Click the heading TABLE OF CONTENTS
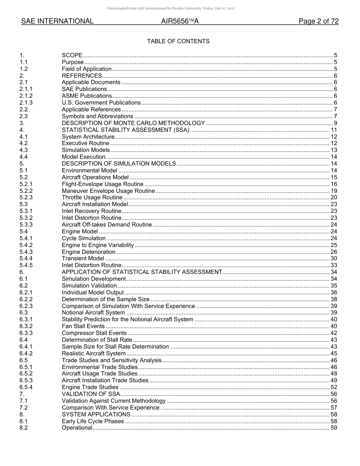[x=178, y=41]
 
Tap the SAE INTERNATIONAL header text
[x=57, y=22]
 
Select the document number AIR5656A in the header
[x=180, y=22]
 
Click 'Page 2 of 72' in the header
[x=318, y=22]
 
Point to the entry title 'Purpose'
[x=73, y=62]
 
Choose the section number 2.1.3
[x=26, y=103]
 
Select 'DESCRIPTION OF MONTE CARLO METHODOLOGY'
[x=133, y=123]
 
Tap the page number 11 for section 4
[x=334, y=130]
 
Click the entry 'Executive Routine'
[x=86, y=143]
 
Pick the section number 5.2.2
[x=26, y=191]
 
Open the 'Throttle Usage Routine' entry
[x=92, y=197]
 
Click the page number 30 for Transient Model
[x=334, y=258]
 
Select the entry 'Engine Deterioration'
[x=89, y=252]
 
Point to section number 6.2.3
[x=26, y=306]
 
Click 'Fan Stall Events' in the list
[x=83, y=326]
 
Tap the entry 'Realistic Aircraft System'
[x=94, y=353]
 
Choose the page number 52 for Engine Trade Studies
[x=334, y=387]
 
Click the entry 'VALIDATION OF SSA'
[x=91, y=394]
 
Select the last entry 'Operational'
[x=77, y=428]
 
